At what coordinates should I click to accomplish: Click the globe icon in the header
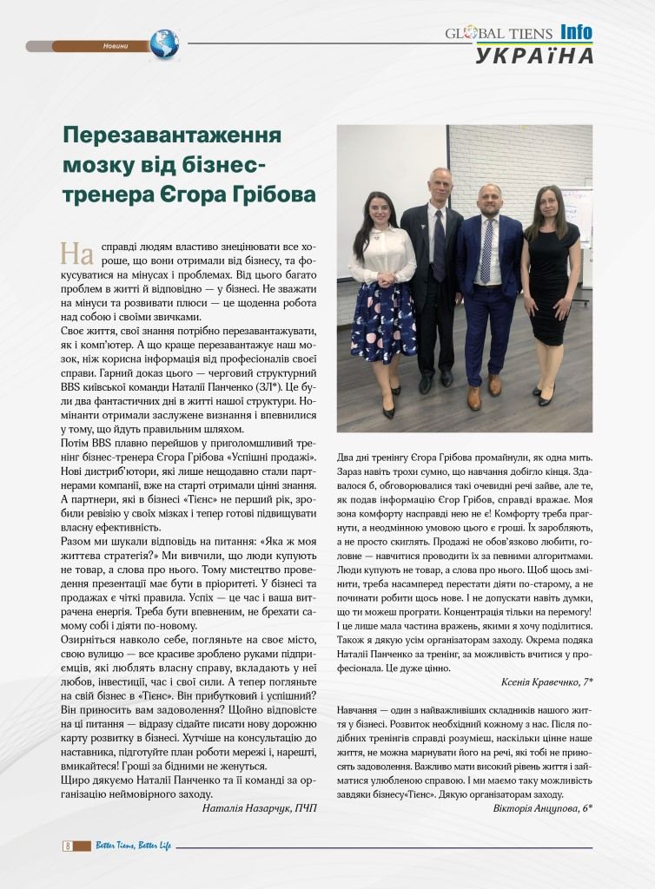[163, 43]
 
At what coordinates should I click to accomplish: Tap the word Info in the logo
[576, 33]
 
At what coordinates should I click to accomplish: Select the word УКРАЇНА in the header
[535, 56]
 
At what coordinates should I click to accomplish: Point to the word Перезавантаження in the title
[172, 136]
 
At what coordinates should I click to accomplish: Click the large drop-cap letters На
[76, 253]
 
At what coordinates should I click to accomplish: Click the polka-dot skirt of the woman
[383, 321]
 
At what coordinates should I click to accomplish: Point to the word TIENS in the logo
[531, 34]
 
